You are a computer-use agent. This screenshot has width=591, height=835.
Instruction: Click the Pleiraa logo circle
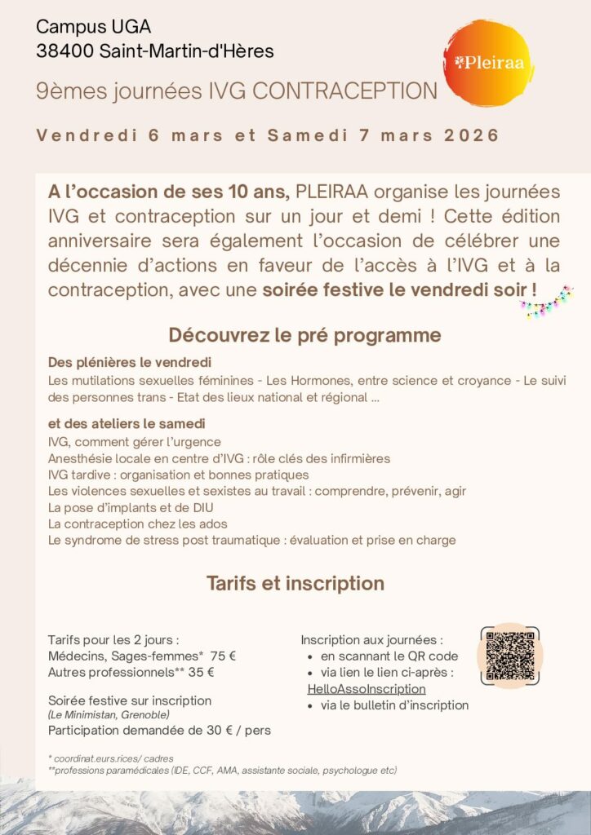click(487, 60)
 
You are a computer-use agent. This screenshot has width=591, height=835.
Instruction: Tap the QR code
click(509, 656)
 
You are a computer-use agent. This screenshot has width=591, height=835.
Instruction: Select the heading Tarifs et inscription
click(295, 584)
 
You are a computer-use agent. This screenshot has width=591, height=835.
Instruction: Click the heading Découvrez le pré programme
click(304, 335)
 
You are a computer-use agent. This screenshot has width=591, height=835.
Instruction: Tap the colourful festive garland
click(546, 303)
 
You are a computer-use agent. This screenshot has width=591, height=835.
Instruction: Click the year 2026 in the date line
click(472, 135)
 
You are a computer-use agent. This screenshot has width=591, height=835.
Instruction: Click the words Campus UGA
click(82, 27)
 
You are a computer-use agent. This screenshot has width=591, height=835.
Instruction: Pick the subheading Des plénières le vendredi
click(130, 362)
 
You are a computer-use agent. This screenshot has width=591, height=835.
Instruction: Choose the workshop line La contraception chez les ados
click(138, 524)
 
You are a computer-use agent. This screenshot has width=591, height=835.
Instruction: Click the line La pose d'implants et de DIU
click(130, 507)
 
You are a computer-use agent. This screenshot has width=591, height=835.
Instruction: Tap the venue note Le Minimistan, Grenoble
click(109, 715)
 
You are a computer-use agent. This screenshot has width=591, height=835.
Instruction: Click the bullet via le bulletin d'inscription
click(394, 705)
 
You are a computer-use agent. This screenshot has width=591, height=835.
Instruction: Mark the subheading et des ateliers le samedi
click(127, 424)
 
